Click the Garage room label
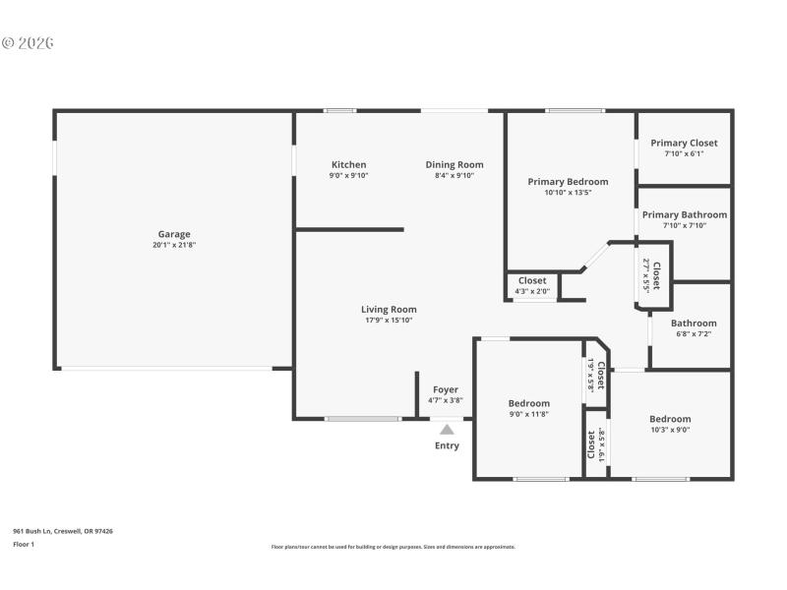pyautogui.click(x=174, y=234)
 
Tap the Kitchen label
pyautogui.click(x=348, y=164)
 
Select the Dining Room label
pyautogui.click(x=454, y=164)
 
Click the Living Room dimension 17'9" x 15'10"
pyautogui.click(x=389, y=320)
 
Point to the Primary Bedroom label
pyautogui.click(x=568, y=181)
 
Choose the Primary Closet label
pyautogui.click(x=684, y=143)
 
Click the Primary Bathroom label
pyautogui.click(x=685, y=214)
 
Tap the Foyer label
pyautogui.click(x=446, y=389)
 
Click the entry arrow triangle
pyautogui.click(x=447, y=429)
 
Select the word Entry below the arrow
pyautogui.click(x=447, y=445)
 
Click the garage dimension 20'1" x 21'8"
pyautogui.click(x=174, y=245)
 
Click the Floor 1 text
pyautogui.click(x=24, y=543)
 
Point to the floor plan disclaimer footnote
pyautogui.click(x=393, y=547)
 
